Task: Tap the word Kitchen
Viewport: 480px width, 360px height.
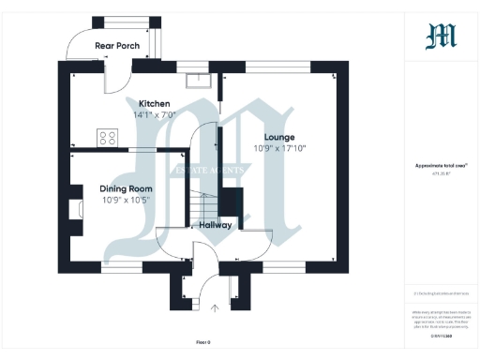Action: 154,103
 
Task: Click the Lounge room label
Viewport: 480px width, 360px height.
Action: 279,137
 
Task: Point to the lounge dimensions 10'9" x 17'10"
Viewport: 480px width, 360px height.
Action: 279,148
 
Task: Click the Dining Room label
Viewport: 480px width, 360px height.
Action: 125,188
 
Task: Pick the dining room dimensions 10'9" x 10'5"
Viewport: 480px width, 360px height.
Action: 125,200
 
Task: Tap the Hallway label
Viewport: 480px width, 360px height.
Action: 217,225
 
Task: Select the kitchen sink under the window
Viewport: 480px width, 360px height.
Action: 197,79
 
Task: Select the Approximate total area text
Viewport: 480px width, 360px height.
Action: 441,166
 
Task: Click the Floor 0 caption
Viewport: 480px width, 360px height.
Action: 203,341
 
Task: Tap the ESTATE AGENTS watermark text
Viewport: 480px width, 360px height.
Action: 207,170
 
